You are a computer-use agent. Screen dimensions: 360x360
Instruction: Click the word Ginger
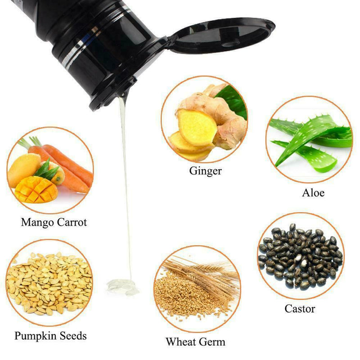(205, 171)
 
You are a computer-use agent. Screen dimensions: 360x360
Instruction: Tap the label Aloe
(313, 193)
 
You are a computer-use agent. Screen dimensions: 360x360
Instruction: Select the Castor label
(300, 309)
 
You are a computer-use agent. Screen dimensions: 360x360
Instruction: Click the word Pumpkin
(34, 336)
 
